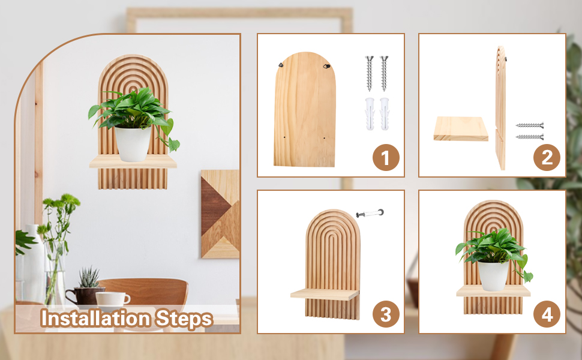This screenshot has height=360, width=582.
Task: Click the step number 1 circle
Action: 386,158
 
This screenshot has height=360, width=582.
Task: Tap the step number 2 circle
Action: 547,158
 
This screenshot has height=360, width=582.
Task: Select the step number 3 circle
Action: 386,314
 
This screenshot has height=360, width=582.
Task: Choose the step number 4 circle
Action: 547,314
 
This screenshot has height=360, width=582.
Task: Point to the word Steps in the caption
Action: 183,319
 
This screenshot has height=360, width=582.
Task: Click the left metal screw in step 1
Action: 369,73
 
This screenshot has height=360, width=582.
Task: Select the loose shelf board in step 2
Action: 461,129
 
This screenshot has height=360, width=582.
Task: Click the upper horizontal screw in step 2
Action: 529,125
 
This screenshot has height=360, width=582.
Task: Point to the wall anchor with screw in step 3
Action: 370,213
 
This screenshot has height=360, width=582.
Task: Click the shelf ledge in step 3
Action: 324,294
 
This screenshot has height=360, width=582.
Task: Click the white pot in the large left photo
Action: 133,144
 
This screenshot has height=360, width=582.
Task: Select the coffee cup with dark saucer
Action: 113,299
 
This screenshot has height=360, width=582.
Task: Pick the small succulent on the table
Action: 89,278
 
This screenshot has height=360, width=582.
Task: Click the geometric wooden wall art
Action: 220,214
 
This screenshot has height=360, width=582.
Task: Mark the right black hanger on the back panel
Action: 326,67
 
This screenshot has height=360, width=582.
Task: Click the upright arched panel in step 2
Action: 500,108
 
